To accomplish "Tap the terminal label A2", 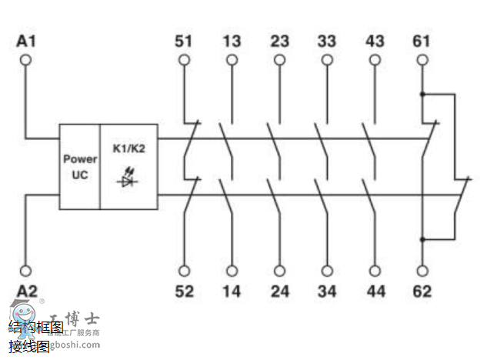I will point(27,291).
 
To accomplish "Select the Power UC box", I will point(80,167).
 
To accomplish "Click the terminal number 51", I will point(183,40).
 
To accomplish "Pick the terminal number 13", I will point(231,40).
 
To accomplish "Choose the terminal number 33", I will point(326,40).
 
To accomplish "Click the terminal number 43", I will point(374,40).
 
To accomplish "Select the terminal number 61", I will point(422,40).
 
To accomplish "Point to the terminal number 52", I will point(183,291).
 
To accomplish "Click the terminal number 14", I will point(231,291).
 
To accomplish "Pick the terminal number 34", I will point(326,291).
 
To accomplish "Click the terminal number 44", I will point(374,291).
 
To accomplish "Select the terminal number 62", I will point(422,291).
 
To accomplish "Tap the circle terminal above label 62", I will point(422,271).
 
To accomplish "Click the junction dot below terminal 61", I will point(422,94).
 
